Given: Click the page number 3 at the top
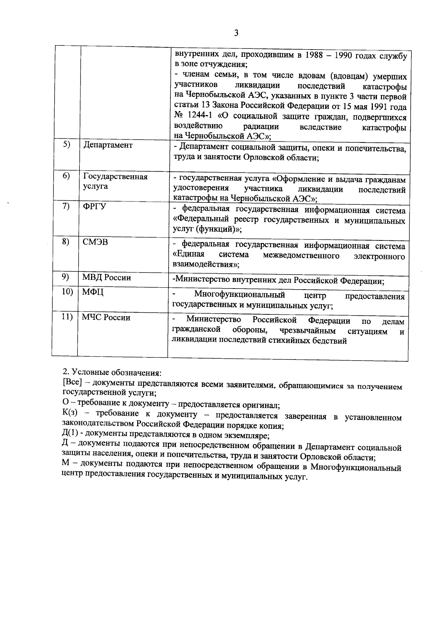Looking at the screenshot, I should (236, 33).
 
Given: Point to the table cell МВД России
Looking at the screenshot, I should (106, 278).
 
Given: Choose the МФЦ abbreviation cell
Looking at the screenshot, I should (93, 292).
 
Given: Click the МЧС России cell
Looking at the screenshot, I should (106, 318).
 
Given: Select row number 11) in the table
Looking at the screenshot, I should (67, 317).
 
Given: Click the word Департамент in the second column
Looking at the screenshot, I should (108, 145).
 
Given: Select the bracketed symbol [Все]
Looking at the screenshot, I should (72, 383).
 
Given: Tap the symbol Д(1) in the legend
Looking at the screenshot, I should (70, 434).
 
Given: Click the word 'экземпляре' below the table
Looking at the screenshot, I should (247, 435).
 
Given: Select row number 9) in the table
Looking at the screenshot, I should (66, 277).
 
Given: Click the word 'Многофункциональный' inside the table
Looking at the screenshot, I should (240, 295).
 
